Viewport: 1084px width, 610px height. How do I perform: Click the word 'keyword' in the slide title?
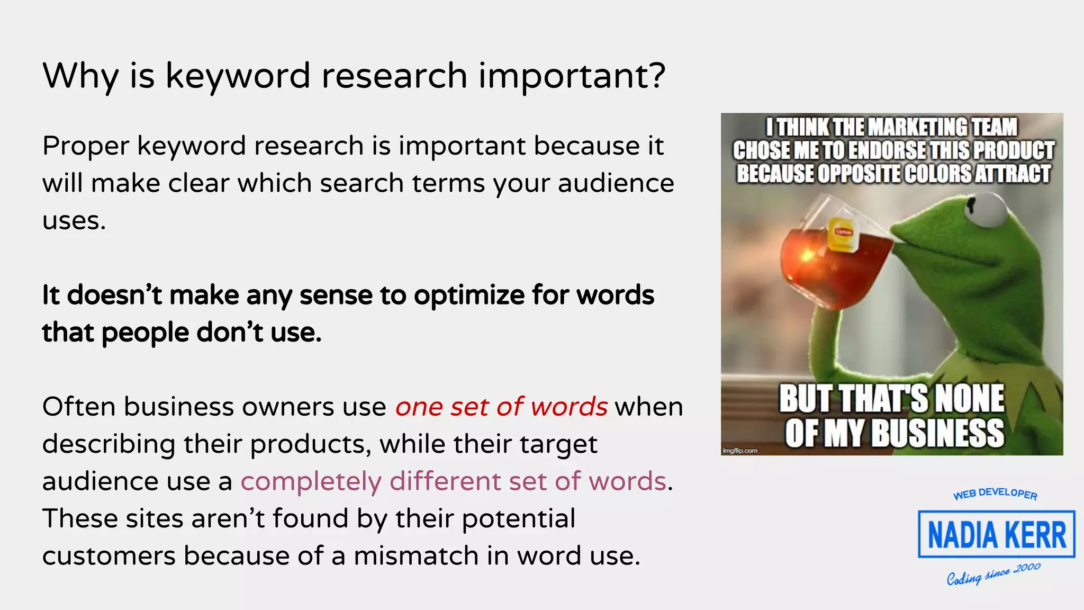238,76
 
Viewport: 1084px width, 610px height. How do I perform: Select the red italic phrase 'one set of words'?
501,407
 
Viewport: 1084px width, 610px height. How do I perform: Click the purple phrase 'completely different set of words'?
453,481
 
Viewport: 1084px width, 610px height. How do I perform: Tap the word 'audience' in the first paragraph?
616,183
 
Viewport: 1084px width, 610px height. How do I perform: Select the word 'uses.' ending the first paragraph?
74,221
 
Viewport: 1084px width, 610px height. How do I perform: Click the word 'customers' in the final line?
109,556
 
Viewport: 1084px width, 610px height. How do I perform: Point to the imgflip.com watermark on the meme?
740,451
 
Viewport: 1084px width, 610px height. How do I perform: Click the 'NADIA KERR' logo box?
996,534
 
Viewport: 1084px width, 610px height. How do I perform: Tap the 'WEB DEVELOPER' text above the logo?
995,494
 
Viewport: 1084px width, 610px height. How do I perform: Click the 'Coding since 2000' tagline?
993,574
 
